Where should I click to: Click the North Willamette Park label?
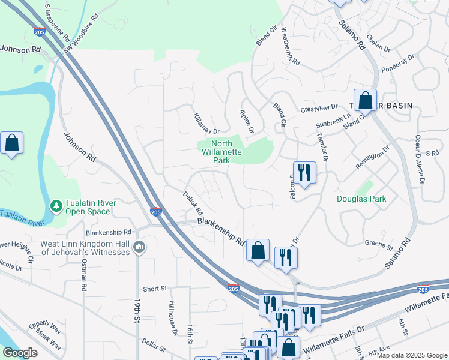pyautogui.click(x=222, y=152)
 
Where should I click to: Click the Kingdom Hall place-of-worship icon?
pyautogui.click(x=139, y=247)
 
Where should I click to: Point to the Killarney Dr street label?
pyautogui.click(x=206, y=122)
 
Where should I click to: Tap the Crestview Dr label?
pyautogui.click(x=319, y=108)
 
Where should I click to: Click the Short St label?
pyautogui.click(x=155, y=289)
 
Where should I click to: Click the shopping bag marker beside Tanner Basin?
pyautogui.click(x=364, y=101)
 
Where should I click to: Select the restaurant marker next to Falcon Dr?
pyautogui.click(x=304, y=173)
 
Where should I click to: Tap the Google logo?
pyautogui.click(x=20, y=353)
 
